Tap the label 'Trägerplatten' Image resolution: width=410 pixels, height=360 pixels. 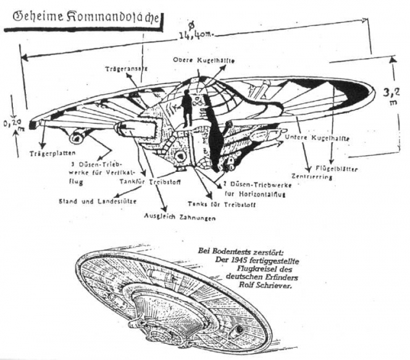(48, 154)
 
